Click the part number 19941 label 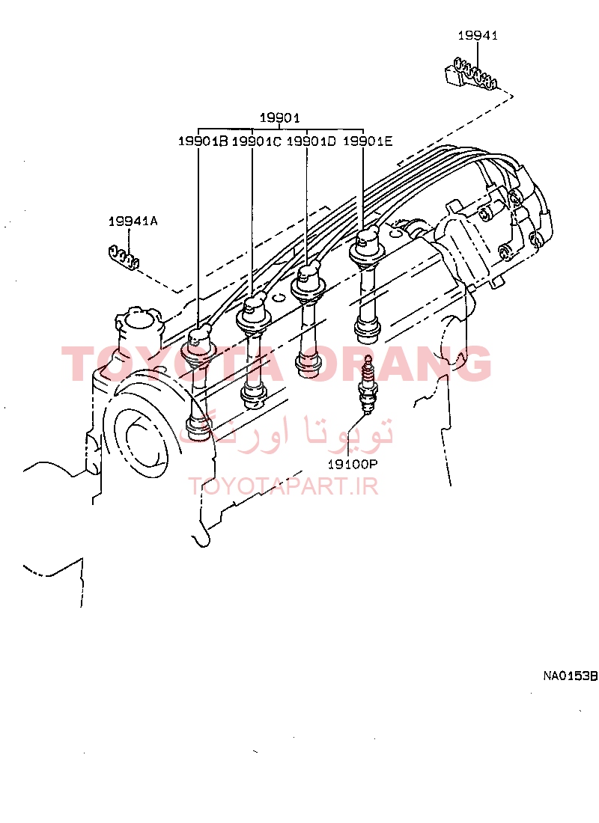(x=478, y=35)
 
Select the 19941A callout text (x=133, y=221)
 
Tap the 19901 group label (x=279, y=117)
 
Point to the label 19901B (x=203, y=141)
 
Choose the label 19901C (x=256, y=141)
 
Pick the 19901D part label (x=311, y=141)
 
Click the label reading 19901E (x=368, y=141)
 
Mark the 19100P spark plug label (x=353, y=464)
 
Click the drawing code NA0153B (x=570, y=676)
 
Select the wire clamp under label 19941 (x=469, y=74)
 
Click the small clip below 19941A (x=123, y=257)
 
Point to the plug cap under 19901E (x=366, y=247)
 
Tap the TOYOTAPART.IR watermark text (x=283, y=486)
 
